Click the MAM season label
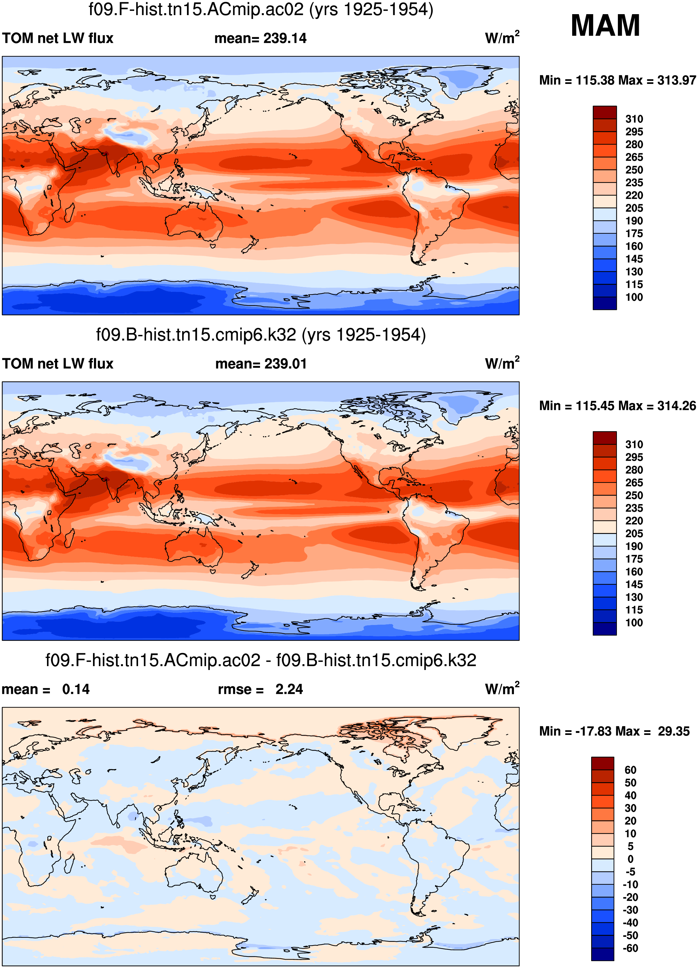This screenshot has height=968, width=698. click(x=605, y=26)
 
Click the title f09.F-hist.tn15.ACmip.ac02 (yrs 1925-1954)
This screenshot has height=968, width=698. click(x=261, y=9)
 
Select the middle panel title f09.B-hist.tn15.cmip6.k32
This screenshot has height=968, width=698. click(x=261, y=335)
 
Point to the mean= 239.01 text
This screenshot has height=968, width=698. click(x=261, y=364)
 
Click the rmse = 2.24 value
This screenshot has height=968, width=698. click(x=261, y=689)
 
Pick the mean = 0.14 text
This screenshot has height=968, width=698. click(x=46, y=689)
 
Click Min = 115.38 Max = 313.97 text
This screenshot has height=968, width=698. click(x=617, y=80)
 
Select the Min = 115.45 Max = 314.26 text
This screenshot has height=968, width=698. click(x=617, y=406)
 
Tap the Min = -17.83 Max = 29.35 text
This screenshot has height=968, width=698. click(x=614, y=731)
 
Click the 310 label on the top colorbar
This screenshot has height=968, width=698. click(x=634, y=119)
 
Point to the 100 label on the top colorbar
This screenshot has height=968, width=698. click(x=634, y=297)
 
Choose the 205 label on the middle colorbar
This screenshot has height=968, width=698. click(x=634, y=534)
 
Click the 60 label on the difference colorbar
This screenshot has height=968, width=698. click(x=630, y=770)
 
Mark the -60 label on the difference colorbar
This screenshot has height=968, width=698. click(x=630, y=948)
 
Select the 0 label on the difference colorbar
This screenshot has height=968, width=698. click(x=630, y=859)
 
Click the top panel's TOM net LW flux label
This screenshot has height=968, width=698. click(x=58, y=38)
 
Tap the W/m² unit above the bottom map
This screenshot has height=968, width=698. click(x=502, y=689)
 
